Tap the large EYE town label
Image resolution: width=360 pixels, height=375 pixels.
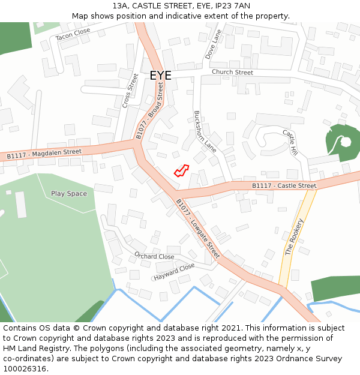(160, 76)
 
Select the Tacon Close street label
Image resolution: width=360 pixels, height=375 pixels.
(73, 35)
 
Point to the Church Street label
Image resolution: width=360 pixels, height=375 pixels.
(232, 73)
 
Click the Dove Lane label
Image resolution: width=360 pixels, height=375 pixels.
(213, 44)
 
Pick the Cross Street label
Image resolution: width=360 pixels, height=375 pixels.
(130, 91)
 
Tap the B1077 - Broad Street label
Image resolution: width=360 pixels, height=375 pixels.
(149, 111)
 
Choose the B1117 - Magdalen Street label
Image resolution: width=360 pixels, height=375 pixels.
(44, 154)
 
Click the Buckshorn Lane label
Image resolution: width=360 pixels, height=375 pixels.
(205, 130)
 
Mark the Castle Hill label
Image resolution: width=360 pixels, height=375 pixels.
(290, 143)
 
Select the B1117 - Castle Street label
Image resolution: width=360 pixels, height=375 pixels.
(284, 186)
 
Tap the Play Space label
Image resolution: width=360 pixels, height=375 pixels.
(69, 194)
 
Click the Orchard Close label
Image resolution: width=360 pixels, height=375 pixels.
(154, 256)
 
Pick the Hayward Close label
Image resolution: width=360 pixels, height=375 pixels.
(174, 272)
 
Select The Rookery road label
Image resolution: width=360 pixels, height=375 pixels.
(295, 237)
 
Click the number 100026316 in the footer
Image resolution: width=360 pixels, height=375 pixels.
(25, 368)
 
